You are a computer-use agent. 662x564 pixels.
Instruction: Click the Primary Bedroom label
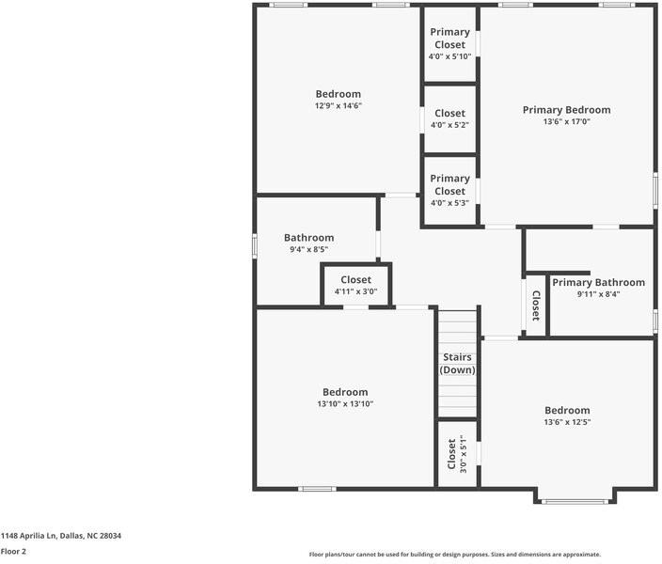point(566,110)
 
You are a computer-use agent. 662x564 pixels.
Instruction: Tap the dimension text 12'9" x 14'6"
point(338,106)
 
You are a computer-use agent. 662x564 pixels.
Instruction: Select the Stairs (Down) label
point(457,364)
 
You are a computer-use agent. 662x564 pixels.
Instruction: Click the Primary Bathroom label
point(598,282)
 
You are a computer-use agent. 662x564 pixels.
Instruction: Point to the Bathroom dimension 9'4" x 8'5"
point(308,250)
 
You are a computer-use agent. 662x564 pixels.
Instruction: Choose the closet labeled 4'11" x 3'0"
point(355,286)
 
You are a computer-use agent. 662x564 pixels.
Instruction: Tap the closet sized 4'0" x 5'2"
point(449,119)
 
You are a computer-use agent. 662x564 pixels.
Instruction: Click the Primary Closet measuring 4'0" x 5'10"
point(449,44)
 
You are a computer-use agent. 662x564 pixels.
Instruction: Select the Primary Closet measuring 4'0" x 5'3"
point(449,191)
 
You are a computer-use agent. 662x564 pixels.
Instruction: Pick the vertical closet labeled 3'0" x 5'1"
point(457,453)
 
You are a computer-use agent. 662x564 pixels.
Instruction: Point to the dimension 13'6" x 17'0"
point(566,121)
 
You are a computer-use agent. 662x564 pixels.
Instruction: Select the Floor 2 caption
point(13,552)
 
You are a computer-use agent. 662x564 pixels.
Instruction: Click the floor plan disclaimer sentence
point(455,555)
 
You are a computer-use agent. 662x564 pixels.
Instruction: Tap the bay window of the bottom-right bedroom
point(575,500)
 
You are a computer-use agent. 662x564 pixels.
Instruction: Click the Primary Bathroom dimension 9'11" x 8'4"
point(598,294)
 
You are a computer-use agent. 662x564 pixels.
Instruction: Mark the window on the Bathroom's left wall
point(254,244)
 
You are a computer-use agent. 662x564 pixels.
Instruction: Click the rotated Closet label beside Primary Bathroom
point(535,305)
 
